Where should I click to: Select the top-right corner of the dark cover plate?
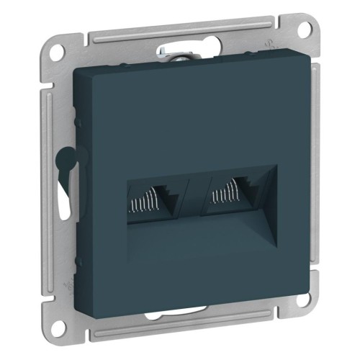tap(288, 53)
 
